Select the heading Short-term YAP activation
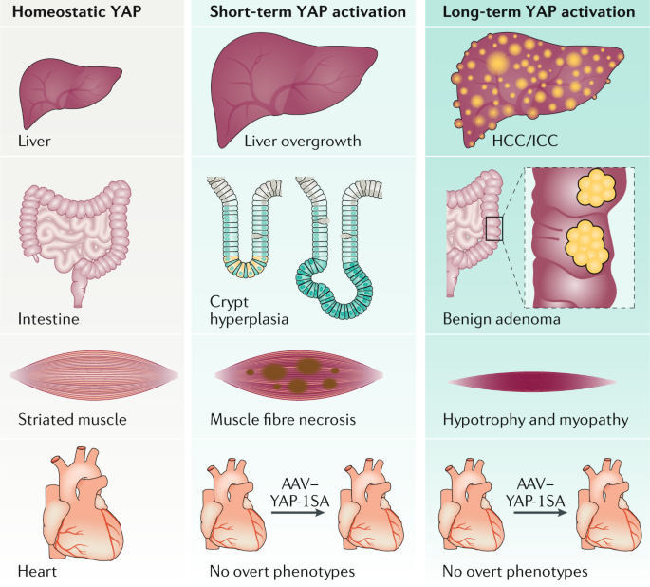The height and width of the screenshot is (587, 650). (x=306, y=12)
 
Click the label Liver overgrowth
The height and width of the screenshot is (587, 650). (x=288, y=142)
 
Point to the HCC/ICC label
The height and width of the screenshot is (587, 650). (x=526, y=142)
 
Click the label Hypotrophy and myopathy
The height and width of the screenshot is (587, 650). (x=534, y=419)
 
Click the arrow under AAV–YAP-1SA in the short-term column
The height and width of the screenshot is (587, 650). (x=306, y=514)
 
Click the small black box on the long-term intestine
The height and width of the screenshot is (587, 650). (x=494, y=229)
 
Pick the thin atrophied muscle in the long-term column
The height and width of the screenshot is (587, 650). (x=534, y=381)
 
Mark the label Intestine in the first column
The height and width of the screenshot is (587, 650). (x=47, y=320)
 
